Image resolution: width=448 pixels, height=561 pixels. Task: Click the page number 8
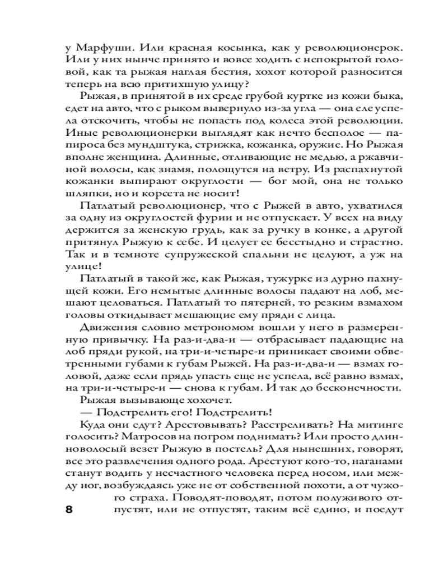pyautogui.click(x=69, y=510)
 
